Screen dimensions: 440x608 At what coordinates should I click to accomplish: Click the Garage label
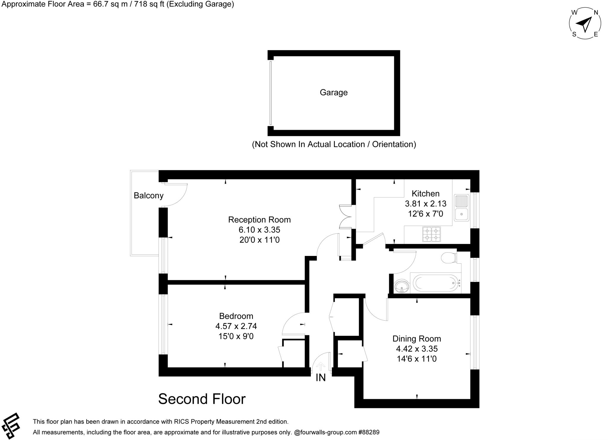pos(333,92)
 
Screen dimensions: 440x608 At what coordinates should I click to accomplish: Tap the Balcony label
pos(148,195)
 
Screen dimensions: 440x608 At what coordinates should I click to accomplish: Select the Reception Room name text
pos(259,220)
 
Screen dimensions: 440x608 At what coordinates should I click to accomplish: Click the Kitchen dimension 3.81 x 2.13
pos(425,204)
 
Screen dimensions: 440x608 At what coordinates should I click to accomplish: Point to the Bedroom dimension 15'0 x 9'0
pos(236,336)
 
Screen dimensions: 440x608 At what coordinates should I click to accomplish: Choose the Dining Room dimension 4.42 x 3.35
pos(417,349)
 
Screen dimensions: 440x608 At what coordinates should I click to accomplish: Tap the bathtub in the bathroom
pos(435,283)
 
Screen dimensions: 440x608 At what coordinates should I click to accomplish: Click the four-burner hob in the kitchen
pos(431,234)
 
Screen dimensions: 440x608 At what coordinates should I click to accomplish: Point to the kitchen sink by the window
pos(461,208)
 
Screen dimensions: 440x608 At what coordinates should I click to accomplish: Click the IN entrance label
pos(321,377)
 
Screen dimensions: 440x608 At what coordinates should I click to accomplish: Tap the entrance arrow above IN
pos(321,366)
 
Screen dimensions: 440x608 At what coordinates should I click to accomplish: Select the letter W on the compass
pos(574,12)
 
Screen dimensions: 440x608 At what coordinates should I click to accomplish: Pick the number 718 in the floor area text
pos(141,4)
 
